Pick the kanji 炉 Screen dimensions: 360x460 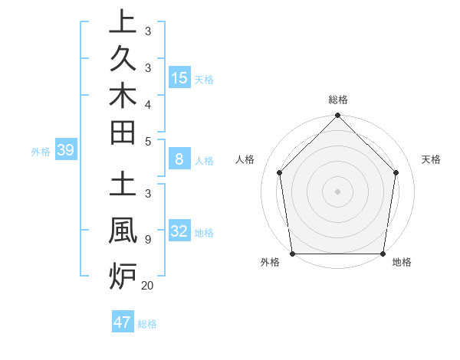123,274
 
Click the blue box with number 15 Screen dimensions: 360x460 179,78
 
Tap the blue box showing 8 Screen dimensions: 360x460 179,160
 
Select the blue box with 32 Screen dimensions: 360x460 179,232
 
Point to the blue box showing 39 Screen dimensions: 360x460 65,151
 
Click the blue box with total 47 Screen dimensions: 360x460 123,322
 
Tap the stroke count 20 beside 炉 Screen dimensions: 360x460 147,286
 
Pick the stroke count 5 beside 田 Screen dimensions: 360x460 147,142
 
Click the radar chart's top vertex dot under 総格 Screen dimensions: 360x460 337,116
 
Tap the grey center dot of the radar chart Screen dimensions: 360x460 337,191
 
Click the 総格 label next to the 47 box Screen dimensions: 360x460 147,324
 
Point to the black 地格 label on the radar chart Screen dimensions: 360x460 402,263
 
